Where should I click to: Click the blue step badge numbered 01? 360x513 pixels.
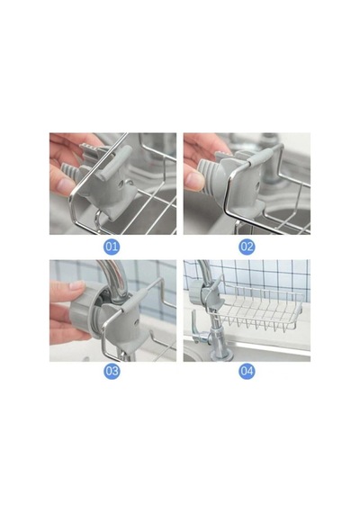point(112,247)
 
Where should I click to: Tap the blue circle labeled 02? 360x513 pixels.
point(247,247)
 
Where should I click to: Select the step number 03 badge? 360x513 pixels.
point(112,372)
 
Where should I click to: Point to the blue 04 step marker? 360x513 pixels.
point(247,372)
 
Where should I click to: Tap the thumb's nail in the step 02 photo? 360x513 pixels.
point(195,180)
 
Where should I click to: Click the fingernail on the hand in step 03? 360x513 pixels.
point(77,284)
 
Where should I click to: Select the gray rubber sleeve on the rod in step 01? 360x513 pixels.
point(114,162)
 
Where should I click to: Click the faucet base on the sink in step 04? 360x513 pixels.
point(220,353)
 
